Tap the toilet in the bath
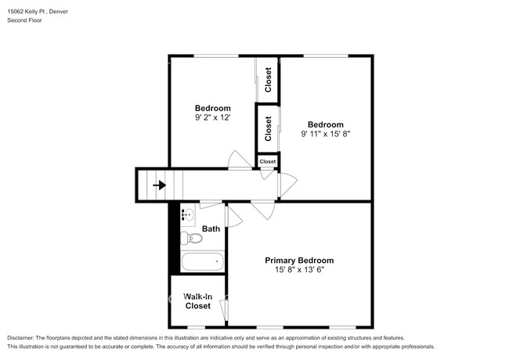pos(188,238)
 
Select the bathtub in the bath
pos(202,262)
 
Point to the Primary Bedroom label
pos(299,261)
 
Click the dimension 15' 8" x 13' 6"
pos(299,271)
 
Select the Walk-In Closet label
pos(197,301)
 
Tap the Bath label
pos(211,229)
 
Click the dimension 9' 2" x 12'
pos(213,118)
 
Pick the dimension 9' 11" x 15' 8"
pos(325,134)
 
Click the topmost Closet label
pos(268,81)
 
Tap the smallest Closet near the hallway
pos(268,162)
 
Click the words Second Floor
pos(25,20)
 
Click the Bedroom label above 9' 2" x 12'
pos(213,108)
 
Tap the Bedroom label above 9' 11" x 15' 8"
pos(325,124)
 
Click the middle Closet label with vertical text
pos(268,128)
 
